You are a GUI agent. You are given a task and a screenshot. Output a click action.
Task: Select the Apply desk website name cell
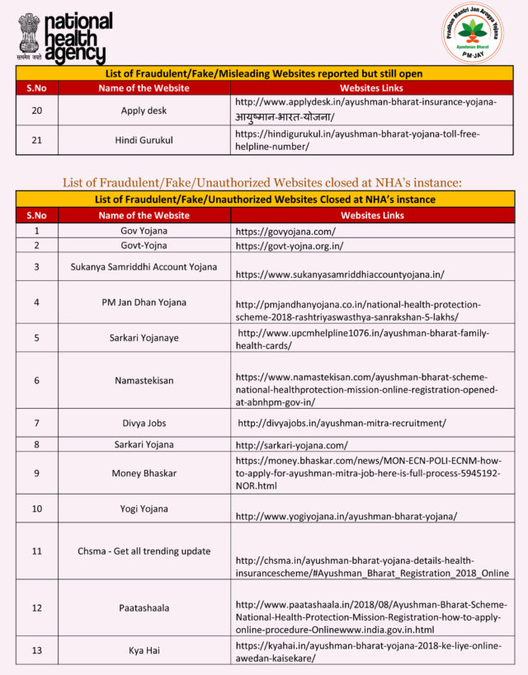[144, 110]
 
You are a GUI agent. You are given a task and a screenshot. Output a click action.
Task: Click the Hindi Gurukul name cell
[144, 140]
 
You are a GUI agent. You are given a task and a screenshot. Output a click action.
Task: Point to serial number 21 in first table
[36, 140]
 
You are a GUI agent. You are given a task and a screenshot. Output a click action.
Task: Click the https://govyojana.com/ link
[285, 231]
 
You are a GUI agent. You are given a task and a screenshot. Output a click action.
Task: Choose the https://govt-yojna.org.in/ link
[290, 246]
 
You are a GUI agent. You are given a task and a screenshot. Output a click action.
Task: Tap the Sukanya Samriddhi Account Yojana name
[144, 266]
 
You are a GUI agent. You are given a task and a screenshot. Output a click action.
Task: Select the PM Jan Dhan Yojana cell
[144, 302]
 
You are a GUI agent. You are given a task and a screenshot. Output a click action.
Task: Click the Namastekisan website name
[144, 381]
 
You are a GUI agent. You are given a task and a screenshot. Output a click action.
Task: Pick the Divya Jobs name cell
[144, 423]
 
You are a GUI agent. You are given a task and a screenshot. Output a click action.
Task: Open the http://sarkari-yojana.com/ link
[292, 445]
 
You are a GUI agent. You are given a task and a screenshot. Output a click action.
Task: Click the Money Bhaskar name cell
[144, 473]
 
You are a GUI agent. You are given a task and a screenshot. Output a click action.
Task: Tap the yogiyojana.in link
[346, 516]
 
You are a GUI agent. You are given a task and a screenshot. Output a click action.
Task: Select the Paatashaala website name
[144, 607]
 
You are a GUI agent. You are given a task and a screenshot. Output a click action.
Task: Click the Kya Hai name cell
[144, 650]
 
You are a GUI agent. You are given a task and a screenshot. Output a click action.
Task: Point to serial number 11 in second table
[36, 551]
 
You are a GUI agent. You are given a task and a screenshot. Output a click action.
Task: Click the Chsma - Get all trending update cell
[144, 551]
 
